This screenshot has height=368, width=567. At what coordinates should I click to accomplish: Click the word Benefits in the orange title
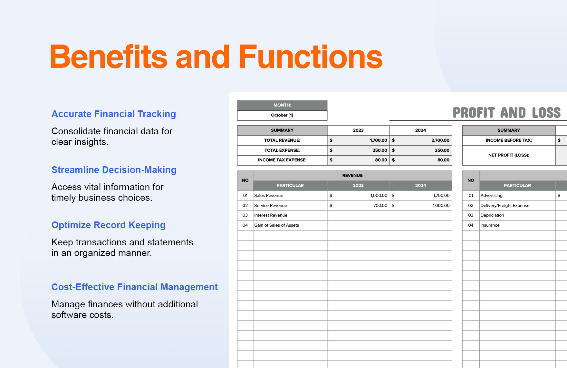(108, 57)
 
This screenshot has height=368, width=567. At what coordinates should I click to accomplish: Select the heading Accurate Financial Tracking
(114, 114)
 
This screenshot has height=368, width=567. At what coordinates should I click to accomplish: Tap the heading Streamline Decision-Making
(114, 170)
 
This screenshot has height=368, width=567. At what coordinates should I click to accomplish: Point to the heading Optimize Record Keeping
(108, 225)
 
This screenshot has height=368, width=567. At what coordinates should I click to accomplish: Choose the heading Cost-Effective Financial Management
(134, 287)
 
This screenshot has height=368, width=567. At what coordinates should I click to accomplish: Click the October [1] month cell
(282, 115)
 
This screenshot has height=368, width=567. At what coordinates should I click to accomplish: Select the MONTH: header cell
(282, 105)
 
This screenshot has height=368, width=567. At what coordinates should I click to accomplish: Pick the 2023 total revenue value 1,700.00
(378, 140)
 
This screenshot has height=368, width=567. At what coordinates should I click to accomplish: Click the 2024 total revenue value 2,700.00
(440, 140)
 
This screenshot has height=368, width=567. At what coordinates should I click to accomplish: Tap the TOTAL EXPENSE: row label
(282, 150)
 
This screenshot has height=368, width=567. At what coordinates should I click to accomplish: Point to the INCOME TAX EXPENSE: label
(282, 160)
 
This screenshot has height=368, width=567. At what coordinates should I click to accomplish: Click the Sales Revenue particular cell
(269, 196)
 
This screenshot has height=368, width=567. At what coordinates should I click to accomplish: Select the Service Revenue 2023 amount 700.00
(380, 206)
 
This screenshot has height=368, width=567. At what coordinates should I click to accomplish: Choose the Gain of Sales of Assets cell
(276, 225)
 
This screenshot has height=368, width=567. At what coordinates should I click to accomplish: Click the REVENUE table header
(352, 176)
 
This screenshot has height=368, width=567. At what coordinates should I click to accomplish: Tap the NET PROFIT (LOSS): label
(508, 155)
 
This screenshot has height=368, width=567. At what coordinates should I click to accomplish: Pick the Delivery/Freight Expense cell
(505, 206)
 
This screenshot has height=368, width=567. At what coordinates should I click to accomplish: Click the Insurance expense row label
(490, 225)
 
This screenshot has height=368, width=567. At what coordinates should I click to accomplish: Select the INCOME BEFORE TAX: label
(508, 140)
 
